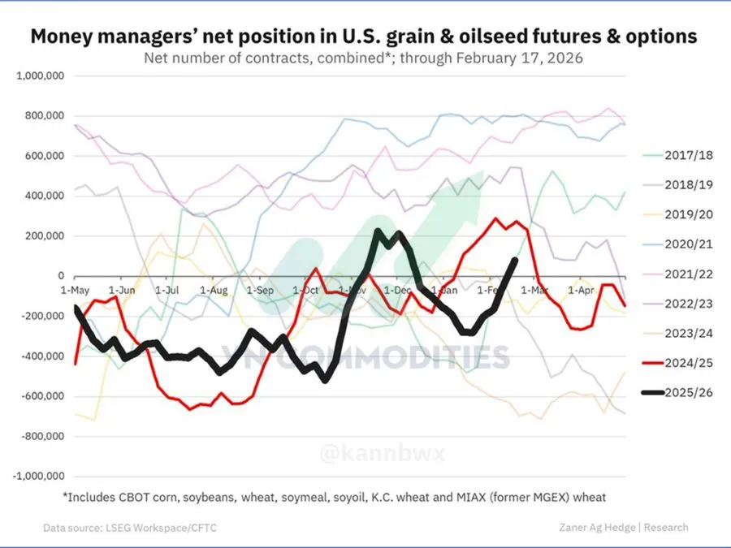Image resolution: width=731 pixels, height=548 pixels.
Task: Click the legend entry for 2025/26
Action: tap(679, 393)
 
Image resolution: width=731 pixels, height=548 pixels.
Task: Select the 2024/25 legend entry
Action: tap(679, 363)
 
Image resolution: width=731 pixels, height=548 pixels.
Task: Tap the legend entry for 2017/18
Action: tap(679, 154)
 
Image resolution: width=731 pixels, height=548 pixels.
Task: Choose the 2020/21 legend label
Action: tap(679, 244)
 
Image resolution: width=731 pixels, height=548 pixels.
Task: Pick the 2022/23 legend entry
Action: tap(679, 304)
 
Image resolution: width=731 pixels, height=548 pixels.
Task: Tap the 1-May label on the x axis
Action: tap(75, 289)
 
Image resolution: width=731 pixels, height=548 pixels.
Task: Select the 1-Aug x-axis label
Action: tap(214, 289)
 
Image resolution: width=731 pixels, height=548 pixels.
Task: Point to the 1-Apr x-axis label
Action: tap(580, 289)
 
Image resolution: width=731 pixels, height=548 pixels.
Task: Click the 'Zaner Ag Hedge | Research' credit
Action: tap(624, 527)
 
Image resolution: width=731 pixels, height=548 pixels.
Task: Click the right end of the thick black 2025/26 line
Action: tap(515, 260)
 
